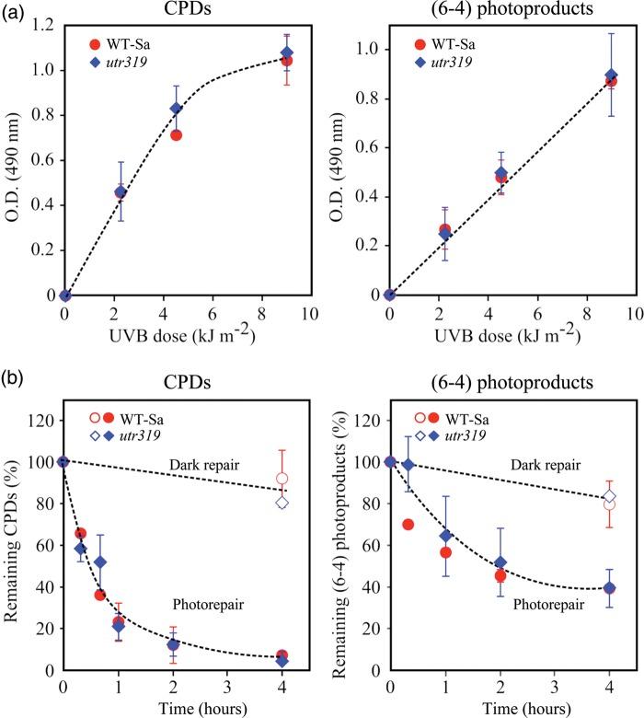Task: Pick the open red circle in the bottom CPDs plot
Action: coord(282,479)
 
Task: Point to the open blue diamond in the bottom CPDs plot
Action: coord(282,503)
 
